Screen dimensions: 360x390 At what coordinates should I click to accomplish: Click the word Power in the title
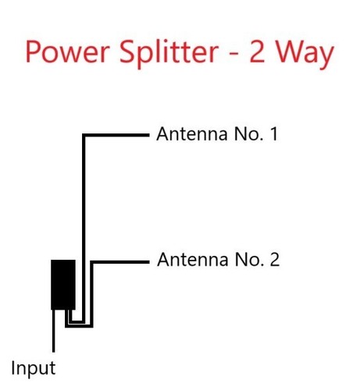67,51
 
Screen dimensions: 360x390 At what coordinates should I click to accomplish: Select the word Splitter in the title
169,53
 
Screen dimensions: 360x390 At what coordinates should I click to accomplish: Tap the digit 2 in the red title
257,51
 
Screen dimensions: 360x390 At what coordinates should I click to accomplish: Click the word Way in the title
305,55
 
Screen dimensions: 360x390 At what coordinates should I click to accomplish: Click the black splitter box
63,285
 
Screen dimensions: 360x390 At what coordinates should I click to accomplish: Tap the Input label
34,369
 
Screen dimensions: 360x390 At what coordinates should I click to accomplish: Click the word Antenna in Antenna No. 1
192,134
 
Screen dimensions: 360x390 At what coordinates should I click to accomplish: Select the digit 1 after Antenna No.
274,134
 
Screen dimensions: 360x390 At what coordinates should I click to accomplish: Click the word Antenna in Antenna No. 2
193,260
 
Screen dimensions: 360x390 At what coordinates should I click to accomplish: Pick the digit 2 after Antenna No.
275,260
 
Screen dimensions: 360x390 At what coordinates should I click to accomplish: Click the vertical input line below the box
54,331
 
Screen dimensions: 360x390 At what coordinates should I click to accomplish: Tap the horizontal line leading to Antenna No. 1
116,135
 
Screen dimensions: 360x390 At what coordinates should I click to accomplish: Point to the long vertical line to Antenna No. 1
84,229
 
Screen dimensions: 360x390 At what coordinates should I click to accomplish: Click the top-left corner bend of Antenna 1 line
84,135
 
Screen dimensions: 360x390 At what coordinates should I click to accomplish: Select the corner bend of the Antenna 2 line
91,262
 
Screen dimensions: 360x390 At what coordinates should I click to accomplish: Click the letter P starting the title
33,51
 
